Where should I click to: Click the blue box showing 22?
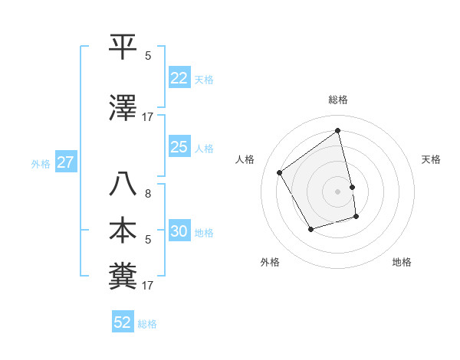[179, 78]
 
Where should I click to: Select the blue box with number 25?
[179, 147]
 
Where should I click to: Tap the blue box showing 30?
[179, 232]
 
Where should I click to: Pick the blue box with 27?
[65, 162]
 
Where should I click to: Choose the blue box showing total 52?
[123, 322]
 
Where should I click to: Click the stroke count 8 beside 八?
[148, 194]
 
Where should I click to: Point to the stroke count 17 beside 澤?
[148, 117]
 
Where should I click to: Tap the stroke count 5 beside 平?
[148, 56]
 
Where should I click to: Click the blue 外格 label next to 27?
[41, 163]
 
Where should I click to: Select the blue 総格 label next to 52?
[147, 323]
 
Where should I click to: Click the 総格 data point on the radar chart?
[338, 131]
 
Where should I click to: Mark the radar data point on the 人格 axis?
[280, 172]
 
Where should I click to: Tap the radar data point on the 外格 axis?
[310, 229]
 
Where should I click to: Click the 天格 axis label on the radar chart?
[432, 159]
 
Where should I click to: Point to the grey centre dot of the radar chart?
[338, 191]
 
